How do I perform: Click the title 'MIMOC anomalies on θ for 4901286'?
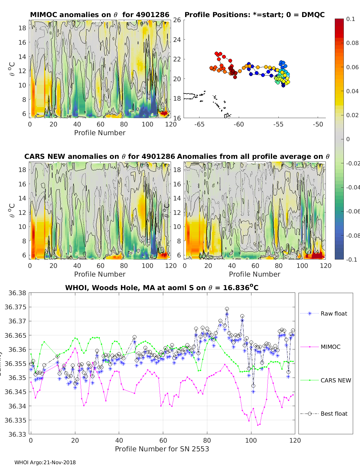coord(100,15)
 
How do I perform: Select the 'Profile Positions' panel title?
coord(254,15)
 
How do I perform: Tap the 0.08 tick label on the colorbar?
coord(352,43)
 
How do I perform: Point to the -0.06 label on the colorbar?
coord(352,211)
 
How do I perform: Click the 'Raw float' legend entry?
coord(334,313)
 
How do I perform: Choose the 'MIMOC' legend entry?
coord(330,347)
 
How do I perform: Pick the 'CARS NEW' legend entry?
coord(336,380)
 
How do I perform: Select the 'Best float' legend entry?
coord(334,414)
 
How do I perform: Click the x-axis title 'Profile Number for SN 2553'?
coord(162,449)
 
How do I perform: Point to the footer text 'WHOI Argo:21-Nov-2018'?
coord(45,462)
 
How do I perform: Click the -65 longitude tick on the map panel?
coord(199,124)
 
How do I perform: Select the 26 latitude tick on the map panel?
coord(177,20)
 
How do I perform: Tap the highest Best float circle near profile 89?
coord(227,309)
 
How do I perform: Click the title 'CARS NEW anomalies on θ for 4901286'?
coord(99,156)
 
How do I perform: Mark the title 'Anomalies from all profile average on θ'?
coord(253,156)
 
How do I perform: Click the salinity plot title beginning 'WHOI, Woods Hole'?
coord(162,288)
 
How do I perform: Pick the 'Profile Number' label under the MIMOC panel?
coord(100,133)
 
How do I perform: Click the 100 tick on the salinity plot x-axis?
coord(251,440)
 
